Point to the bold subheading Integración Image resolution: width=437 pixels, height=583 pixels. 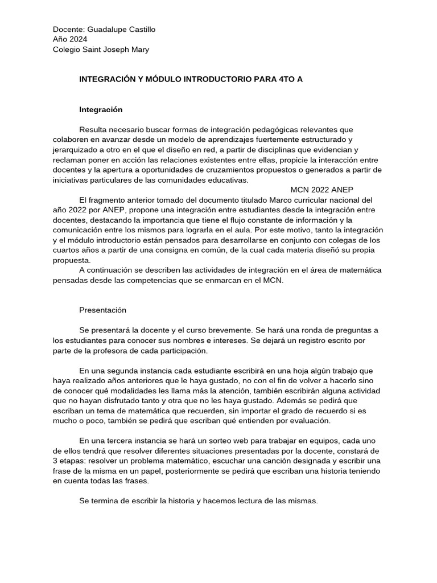click(101, 109)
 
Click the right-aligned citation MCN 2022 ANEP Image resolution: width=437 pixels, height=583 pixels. click(324, 190)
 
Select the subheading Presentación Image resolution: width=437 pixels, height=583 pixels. click(102, 310)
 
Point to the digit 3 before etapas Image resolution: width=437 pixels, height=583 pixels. click(55, 461)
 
